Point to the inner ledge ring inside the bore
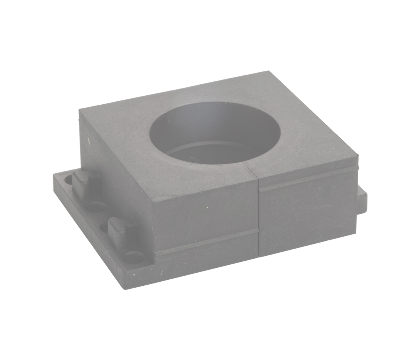[x=210, y=148]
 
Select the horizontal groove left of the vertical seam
[x=206, y=242]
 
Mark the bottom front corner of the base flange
[x=124, y=289]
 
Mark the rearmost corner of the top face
[x=268, y=71]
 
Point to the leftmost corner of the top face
[x=79, y=110]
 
